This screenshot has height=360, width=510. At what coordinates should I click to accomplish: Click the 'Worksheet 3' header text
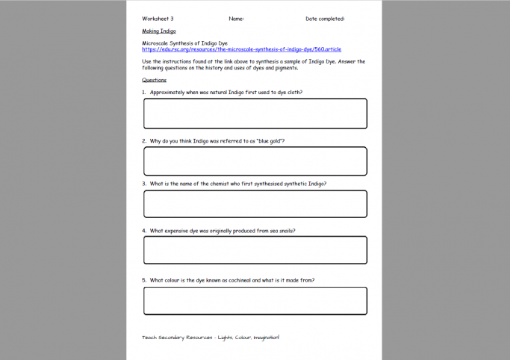[x=158, y=19]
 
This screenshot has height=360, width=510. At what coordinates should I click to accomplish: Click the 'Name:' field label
[x=236, y=19]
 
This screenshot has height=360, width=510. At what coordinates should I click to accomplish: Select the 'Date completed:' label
[x=325, y=19]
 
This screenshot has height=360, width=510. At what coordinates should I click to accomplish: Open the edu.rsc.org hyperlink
[x=241, y=49]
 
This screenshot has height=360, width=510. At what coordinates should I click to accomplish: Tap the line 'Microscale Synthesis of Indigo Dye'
[x=184, y=43]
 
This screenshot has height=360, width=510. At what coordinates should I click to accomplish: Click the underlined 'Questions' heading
[x=154, y=80]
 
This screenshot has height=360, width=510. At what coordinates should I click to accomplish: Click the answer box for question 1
[x=255, y=114]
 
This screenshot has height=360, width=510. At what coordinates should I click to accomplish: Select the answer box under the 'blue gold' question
[x=255, y=161]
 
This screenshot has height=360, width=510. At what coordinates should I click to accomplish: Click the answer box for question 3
[x=255, y=204]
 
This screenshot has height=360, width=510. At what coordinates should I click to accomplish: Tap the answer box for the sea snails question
[x=255, y=250]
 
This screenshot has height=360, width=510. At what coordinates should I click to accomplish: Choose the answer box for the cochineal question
[x=255, y=300]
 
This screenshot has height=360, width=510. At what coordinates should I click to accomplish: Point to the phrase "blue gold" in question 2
[x=269, y=140]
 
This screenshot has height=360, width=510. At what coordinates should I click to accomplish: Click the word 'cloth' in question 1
[x=294, y=93]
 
